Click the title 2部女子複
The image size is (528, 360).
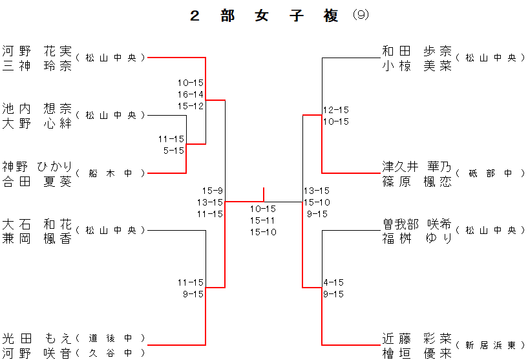[264, 16]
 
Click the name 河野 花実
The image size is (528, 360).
[37, 50]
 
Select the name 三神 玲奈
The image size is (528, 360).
[37, 65]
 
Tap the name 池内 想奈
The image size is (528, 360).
[37, 108]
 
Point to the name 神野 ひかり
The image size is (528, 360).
[37, 167]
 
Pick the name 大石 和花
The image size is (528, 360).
[37, 224]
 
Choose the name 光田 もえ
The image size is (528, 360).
[37, 338]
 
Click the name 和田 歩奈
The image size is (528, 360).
[417, 50]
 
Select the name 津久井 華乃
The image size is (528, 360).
[417, 167]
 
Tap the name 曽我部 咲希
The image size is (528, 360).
[417, 224]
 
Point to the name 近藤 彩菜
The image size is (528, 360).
[417, 338]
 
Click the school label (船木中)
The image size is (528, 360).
[111, 173]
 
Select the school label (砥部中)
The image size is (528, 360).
[490, 173]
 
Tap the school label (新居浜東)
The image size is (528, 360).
[490, 346]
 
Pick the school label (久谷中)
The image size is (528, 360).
[111, 353]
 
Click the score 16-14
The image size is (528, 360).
[191, 94]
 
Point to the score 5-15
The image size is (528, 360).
[173, 151]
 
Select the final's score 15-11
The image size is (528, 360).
[263, 220]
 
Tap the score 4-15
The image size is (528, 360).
[333, 282]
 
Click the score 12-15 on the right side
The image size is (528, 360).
[336, 110]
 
